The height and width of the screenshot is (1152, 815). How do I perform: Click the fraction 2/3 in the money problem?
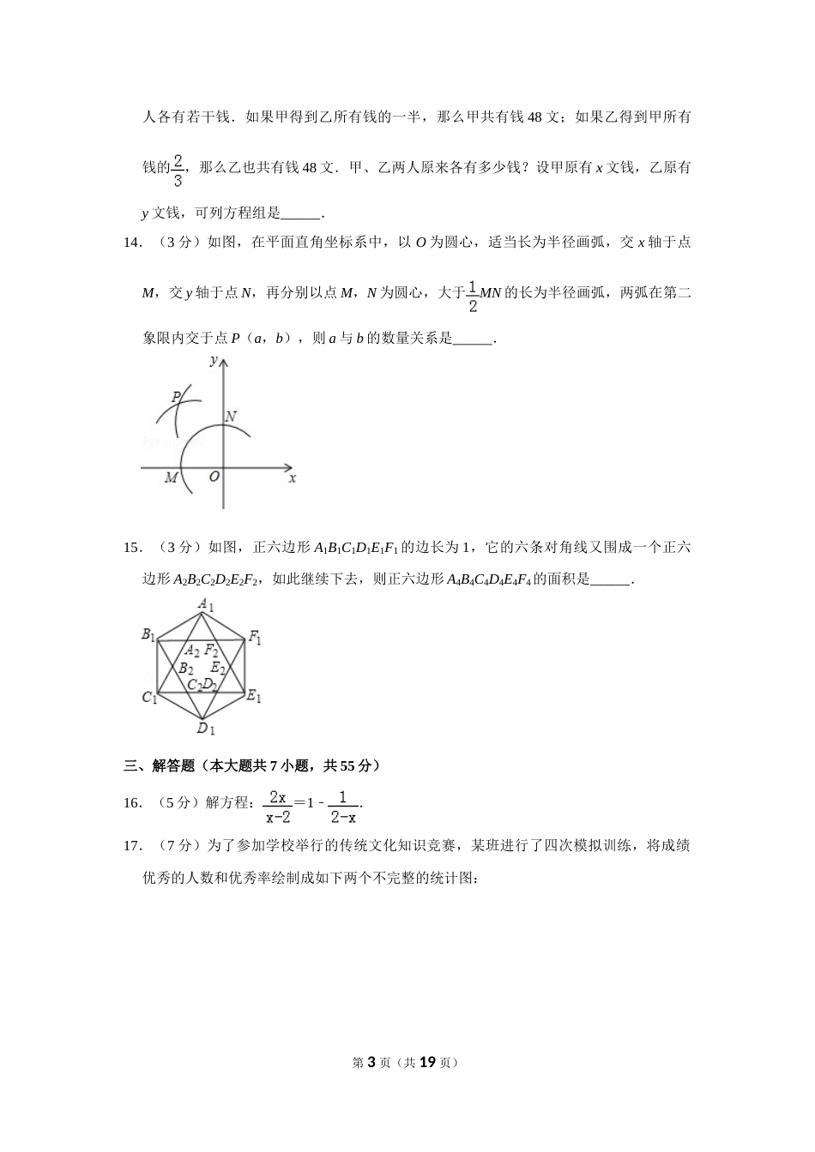pyautogui.click(x=178, y=170)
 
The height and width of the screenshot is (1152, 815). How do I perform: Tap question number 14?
pyautogui.click(x=132, y=243)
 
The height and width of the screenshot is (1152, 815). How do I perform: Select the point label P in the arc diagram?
pyautogui.click(x=176, y=397)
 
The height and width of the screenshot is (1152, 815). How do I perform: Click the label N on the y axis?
pyautogui.click(x=231, y=417)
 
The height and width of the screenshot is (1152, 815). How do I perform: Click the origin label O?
pyautogui.click(x=214, y=477)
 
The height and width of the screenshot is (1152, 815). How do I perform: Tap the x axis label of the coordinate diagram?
pyautogui.click(x=293, y=478)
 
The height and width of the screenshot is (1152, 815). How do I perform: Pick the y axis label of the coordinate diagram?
pyautogui.click(x=213, y=361)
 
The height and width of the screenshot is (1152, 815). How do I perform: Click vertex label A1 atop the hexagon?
pyautogui.click(x=206, y=605)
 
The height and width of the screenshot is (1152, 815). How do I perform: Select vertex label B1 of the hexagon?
pyautogui.click(x=148, y=635)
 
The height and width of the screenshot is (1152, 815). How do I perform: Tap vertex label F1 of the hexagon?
pyautogui.click(x=255, y=637)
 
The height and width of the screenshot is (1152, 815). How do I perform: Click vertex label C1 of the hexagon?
pyautogui.click(x=149, y=698)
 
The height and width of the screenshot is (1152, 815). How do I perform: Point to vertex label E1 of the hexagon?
pyautogui.click(x=254, y=697)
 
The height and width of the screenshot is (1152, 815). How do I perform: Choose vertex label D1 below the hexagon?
pyautogui.click(x=205, y=729)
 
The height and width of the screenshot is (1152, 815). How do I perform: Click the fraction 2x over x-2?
pyautogui.click(x=278, y=806)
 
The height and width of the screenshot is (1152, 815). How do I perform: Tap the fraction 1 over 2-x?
pyautogui.click(x=343, y=806)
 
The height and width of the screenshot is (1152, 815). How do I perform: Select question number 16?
pyautogui.click(x=132, y=803)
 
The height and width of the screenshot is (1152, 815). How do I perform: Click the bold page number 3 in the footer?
pyautogui.click(x=371, y=1062)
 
